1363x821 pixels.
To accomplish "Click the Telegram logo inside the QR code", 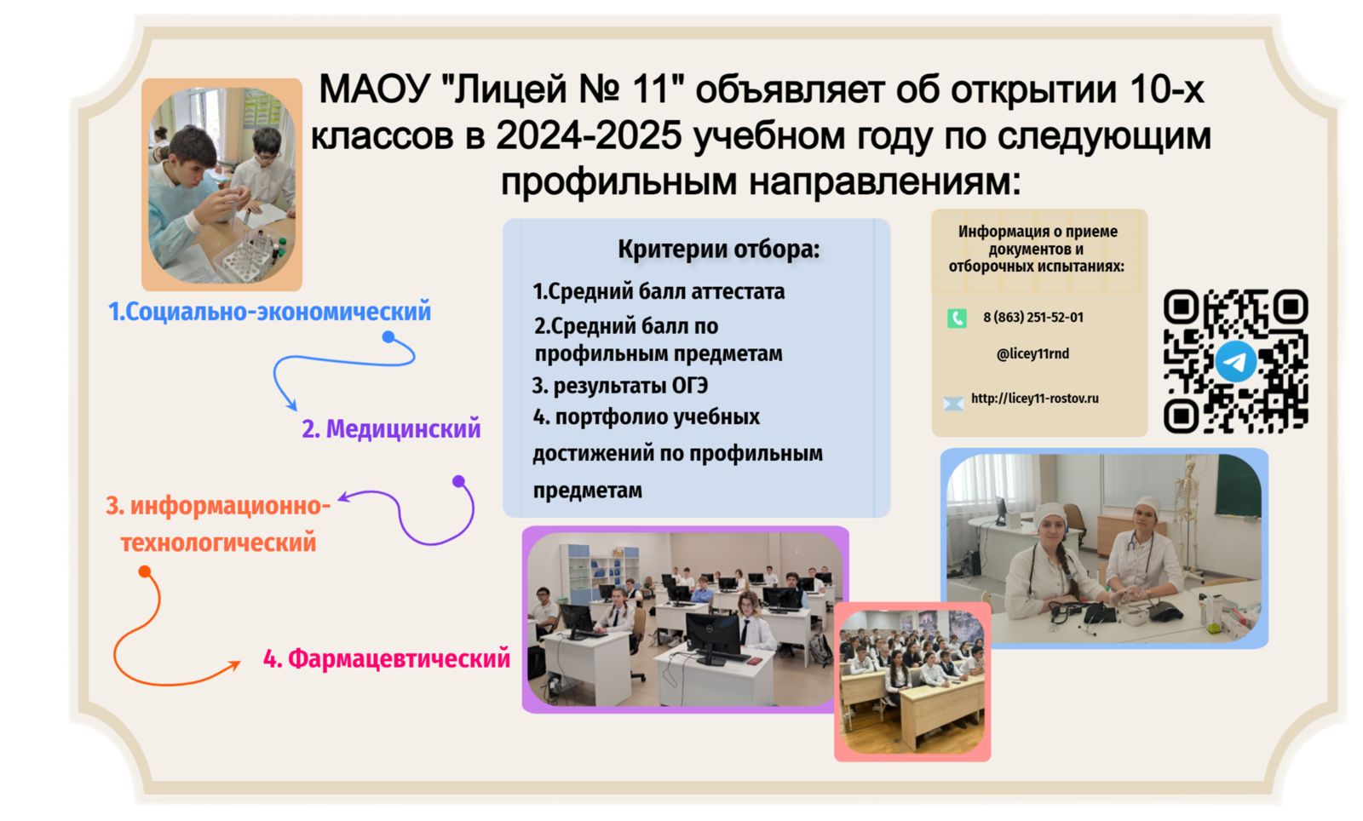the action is pos(1236,361).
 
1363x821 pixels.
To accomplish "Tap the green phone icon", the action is pos(957,318).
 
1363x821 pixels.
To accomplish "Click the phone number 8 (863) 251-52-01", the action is pos(1033,318).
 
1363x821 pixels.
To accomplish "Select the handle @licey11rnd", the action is pos(1032,354).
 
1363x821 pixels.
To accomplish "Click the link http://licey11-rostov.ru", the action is pos(1035,399).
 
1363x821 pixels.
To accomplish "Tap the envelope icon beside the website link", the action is pos(953,403).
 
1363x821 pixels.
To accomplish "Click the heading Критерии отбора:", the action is pos(719,249).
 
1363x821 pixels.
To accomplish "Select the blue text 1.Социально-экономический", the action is pos(269,312).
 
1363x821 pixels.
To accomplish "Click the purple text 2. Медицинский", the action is pos(391,428).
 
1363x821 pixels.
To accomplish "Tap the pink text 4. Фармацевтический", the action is pos(387,658).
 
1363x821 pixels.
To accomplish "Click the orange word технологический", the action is pos(218,542).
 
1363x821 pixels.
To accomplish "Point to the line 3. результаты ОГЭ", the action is pos(620,386).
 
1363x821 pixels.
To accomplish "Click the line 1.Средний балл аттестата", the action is pos(659,292).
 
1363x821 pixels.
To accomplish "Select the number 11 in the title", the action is pos(658,89).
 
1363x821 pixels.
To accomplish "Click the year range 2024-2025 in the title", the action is pos(589,135).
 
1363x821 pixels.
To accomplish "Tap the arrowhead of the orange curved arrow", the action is pos(234,666).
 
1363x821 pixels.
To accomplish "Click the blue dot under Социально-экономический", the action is pos(388,337).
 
